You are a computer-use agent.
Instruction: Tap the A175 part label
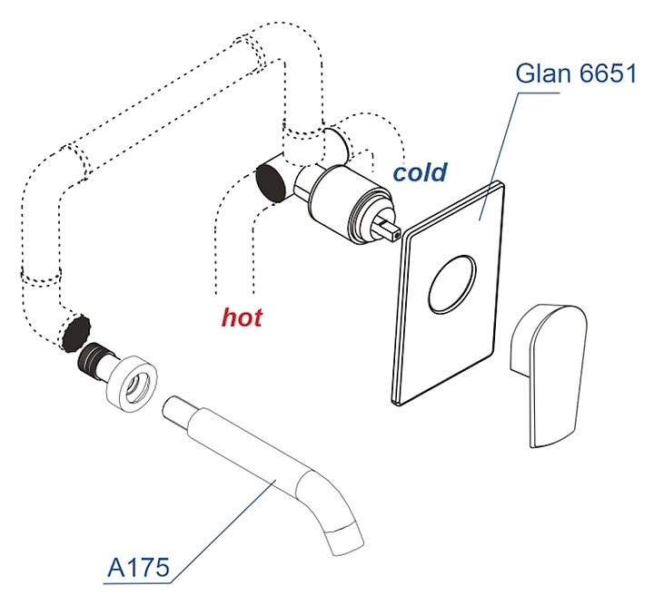point(138,569)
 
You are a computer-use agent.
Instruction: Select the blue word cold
point(420,171)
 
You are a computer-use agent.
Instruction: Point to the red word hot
point(243,317)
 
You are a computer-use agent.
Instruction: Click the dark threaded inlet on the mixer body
point(271,180)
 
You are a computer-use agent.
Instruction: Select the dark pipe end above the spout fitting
point(74,332)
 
